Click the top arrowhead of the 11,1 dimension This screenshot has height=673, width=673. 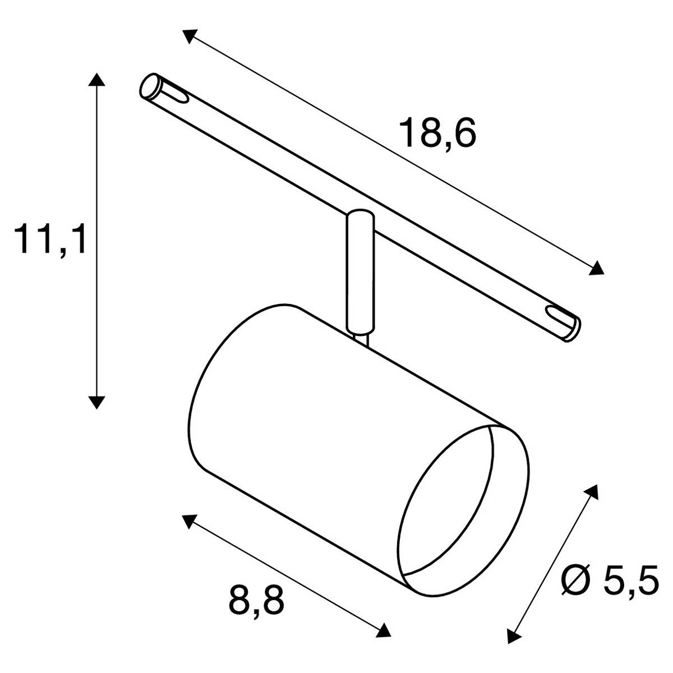97,79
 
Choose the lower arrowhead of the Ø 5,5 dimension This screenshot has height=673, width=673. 511,635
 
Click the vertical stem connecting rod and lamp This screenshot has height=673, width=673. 357,275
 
